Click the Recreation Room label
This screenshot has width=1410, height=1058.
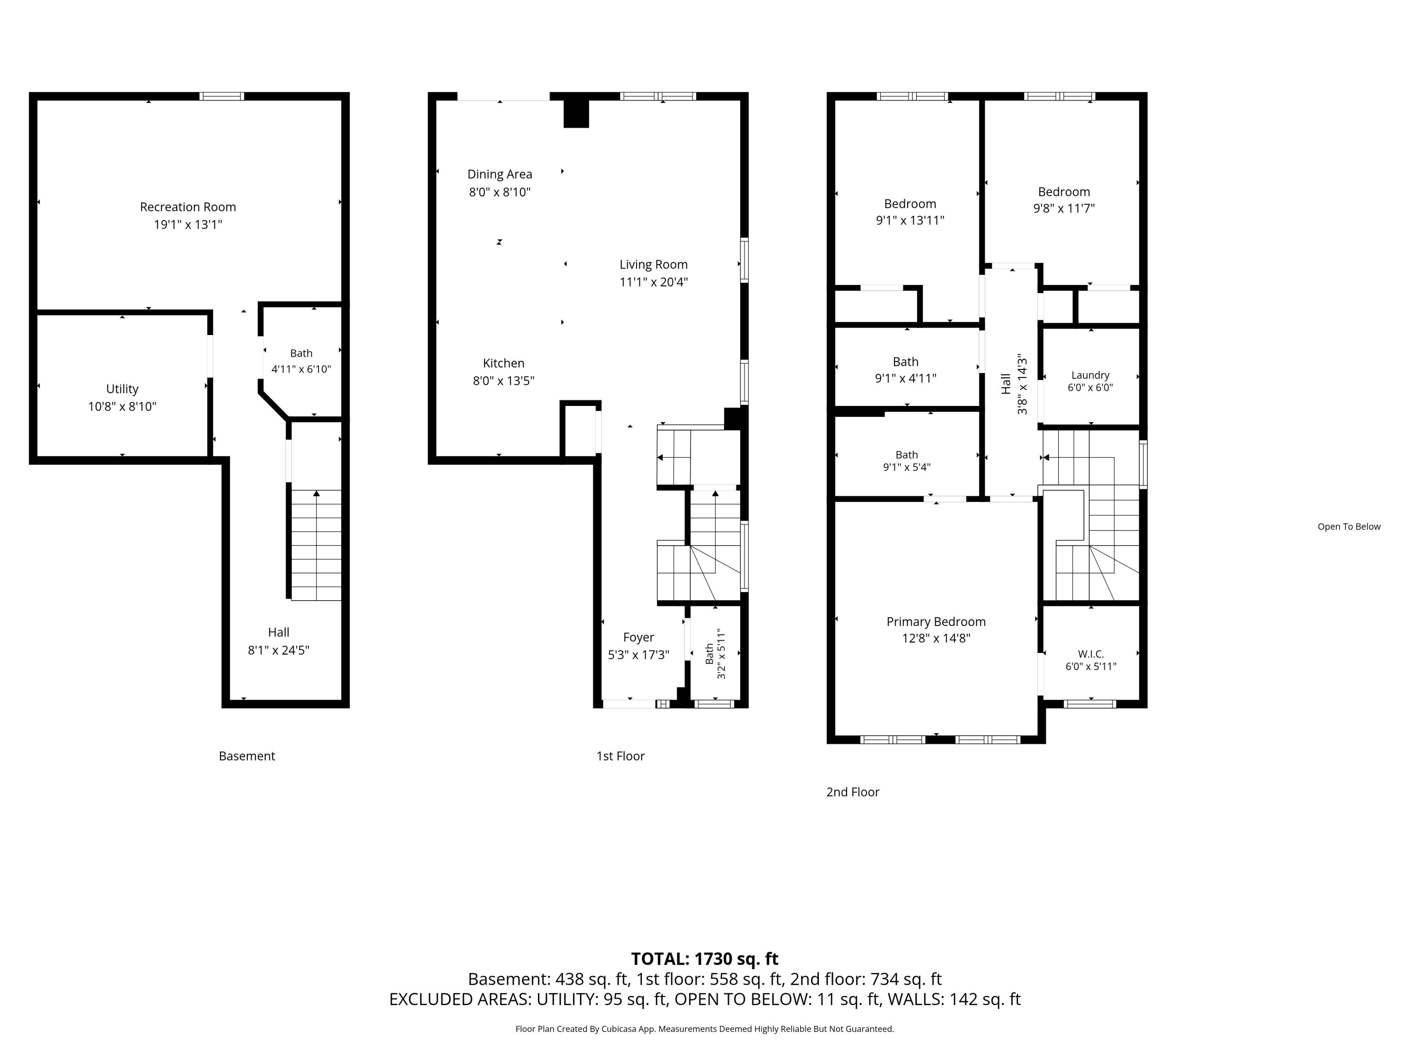(x=188, y=207)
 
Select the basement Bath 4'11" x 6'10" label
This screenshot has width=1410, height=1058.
(x=301, y=361)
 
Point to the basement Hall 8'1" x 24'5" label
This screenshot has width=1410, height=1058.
(x=279, y=641)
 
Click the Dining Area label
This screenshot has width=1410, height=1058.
(x=500, y=174)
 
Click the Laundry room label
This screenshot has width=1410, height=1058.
(x=1091, y=375)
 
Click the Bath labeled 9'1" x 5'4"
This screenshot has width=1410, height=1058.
(x=907, y=460)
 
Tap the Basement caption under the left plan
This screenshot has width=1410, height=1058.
(x=247, y=756)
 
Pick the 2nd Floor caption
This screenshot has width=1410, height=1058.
(x=853, y=792)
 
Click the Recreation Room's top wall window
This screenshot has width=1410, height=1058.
(x=222, y=96)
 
